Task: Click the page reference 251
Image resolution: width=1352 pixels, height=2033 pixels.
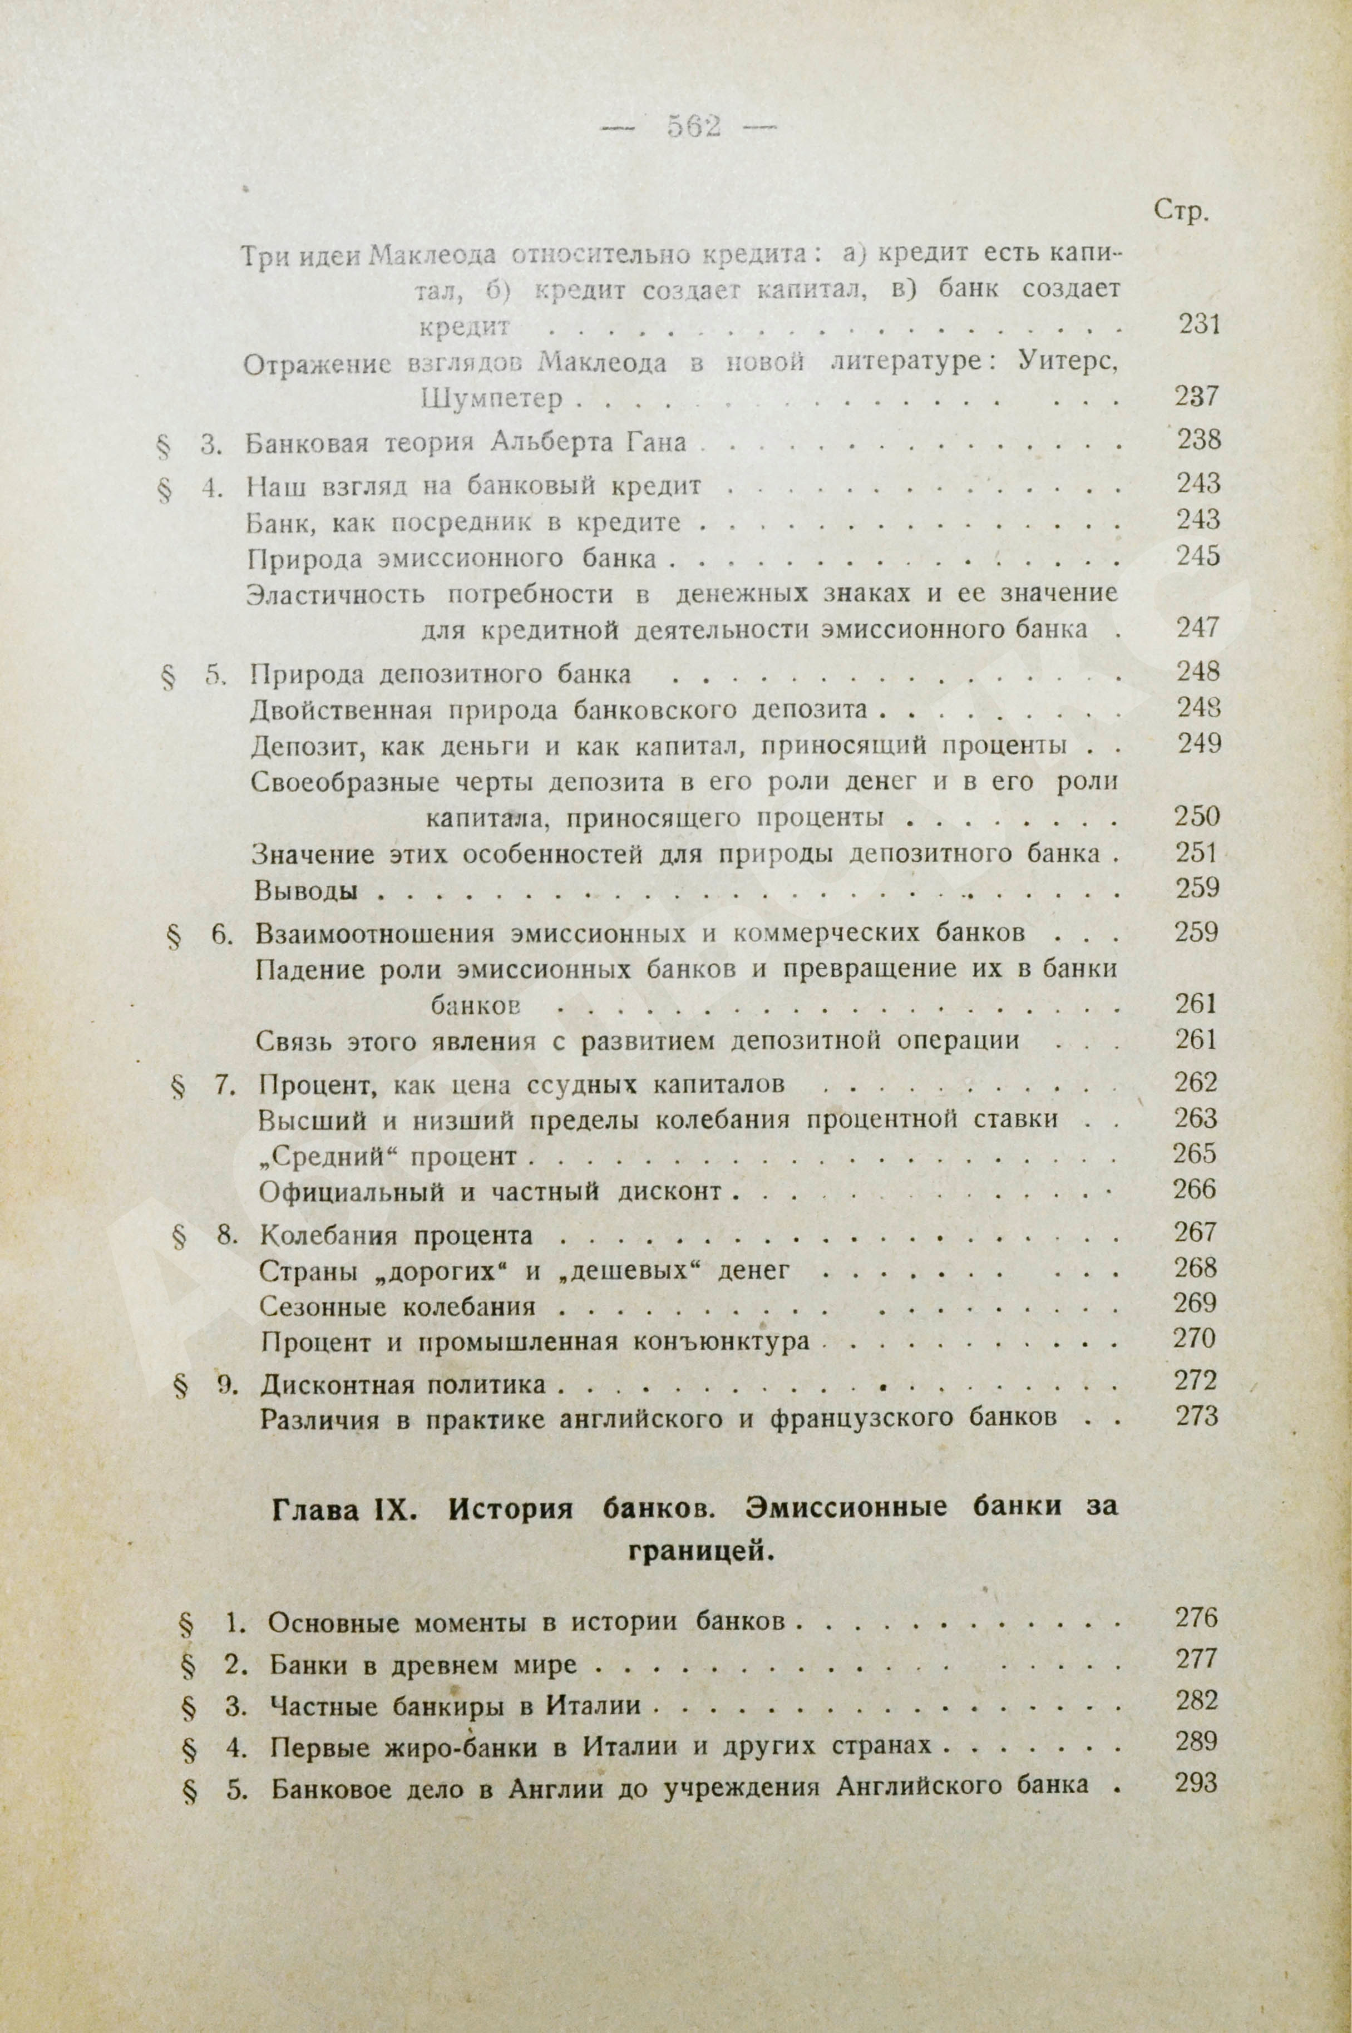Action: [x=1198, y=853]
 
